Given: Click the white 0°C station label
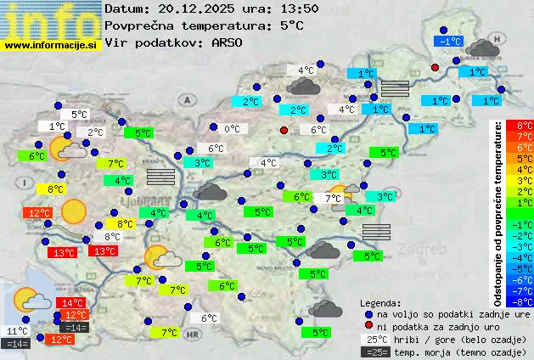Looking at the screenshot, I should point(232,129).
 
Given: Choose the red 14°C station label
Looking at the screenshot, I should point(71,302).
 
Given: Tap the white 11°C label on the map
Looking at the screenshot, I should point(17,331).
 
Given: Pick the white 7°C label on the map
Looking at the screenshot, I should point(333,198).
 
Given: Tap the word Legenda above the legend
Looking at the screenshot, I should point(380,302).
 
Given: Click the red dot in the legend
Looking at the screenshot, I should point(368,326).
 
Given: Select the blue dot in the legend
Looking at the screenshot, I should point(368,313).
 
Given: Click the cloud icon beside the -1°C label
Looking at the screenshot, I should point(482,48).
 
